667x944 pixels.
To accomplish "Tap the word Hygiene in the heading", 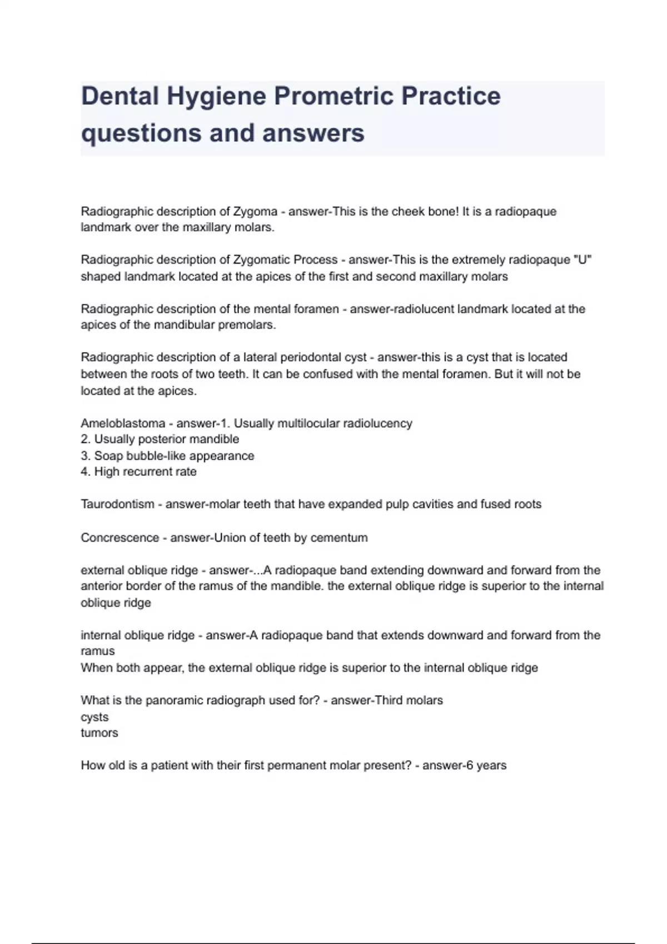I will point(216,97).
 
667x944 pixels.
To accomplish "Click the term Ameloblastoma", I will point(123,423).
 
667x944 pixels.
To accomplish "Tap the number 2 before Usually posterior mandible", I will point(84,439).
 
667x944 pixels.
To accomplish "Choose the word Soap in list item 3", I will point(107,456).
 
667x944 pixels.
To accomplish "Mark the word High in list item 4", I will point(106,471).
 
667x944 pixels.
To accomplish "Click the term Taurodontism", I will point(117,504).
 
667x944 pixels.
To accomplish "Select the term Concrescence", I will point(120,538).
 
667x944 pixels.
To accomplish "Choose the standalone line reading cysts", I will point(94,717).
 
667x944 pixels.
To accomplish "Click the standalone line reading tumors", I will point(99,733).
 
